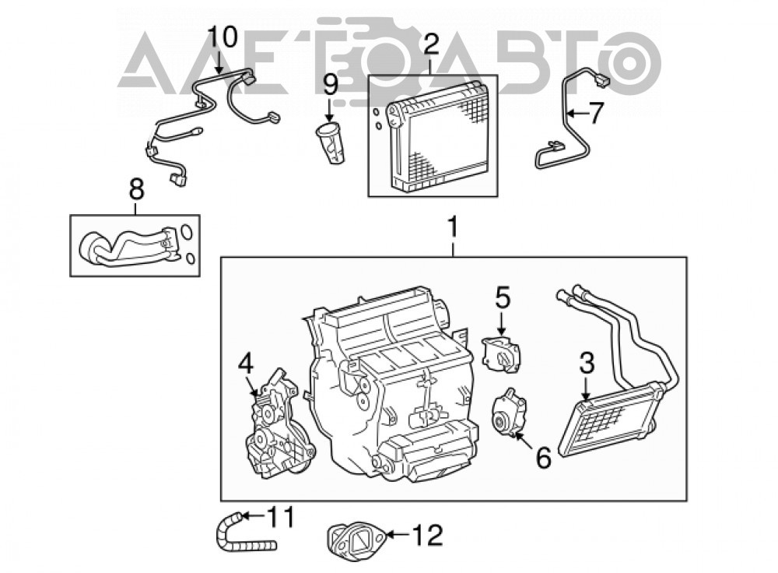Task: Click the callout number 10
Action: (x=223, y=37)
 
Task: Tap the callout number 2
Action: (x=431, y=44)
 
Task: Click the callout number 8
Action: (x=136, y=189)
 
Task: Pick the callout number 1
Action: (x=453, y=230)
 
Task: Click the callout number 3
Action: (x=587, y=364)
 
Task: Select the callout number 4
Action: (x=246, y=364)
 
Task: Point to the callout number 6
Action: (x=544, y=457)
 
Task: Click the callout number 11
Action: (x=281, y=517)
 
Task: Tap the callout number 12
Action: (x=427, y=536)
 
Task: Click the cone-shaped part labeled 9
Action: (x=331, y=143)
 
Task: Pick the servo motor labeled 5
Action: (x=502, y=354)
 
